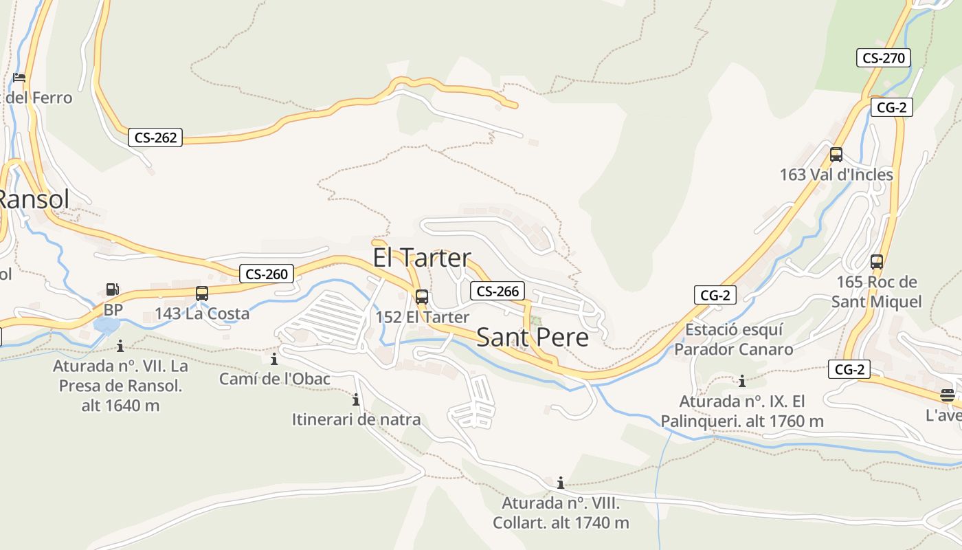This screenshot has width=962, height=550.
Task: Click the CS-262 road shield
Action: [x=155, y=137]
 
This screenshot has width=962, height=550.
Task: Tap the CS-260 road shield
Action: [x=267, y=274]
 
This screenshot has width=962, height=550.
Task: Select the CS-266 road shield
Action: [x=497, y=291]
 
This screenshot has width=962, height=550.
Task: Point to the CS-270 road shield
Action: [x=884, y=58]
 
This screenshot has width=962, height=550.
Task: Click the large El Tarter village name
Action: [x=421, y=258]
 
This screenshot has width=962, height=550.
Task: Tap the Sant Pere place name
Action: [x=532, y=338]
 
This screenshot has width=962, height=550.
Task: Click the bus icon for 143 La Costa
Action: [x=201, y=294]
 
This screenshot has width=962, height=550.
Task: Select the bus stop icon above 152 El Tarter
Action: [x=422, y=297]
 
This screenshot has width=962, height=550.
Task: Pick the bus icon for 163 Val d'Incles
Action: [x=836, y=155]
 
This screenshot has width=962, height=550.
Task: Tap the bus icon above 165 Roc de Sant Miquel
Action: [x=876, y=261]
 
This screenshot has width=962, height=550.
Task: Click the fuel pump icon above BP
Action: [x=112, y=290]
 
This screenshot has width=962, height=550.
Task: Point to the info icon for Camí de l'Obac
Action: [x=274, y=359]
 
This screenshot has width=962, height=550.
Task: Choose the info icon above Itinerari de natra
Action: [x=356, y=399]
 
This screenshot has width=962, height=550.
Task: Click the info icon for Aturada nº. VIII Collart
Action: [x=561, y=483]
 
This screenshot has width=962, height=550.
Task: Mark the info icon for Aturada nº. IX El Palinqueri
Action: [x=741, y=381]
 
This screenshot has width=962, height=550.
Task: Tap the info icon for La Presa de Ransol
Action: [x=120, y=346]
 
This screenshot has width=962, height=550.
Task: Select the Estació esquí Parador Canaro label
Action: [x=733, y=340]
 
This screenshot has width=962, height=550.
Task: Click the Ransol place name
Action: [x=33, y=199]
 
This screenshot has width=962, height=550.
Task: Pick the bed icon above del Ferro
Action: [x=19, y=78]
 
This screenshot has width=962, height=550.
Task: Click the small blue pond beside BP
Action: [x=106, y=325]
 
